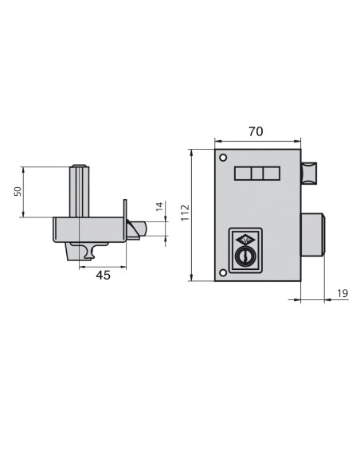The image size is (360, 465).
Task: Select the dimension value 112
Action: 184,213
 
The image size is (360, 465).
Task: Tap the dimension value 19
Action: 342,294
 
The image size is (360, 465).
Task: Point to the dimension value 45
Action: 103,275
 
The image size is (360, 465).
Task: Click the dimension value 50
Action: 18,192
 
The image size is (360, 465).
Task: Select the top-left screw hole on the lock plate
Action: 223,156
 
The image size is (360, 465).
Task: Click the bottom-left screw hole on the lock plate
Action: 223,272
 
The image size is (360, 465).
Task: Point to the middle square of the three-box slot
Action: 256,173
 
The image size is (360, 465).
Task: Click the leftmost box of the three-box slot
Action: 242,173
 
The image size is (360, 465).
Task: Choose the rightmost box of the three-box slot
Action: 271,173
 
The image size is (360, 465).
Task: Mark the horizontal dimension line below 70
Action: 256,140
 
